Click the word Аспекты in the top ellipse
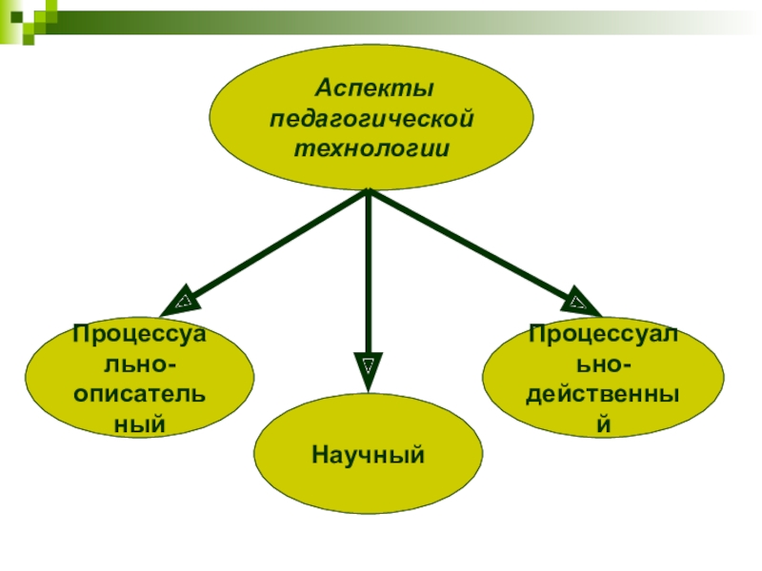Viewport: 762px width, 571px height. pos(374,89)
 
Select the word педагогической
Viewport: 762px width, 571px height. pos(372,120)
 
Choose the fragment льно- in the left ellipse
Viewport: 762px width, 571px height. pos(139,363)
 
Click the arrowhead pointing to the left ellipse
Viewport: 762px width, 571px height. pos(181,304)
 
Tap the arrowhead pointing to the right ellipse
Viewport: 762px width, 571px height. pos(577,303)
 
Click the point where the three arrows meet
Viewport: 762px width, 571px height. pos(368,192)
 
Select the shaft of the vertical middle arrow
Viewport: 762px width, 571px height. pos(368,276)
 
